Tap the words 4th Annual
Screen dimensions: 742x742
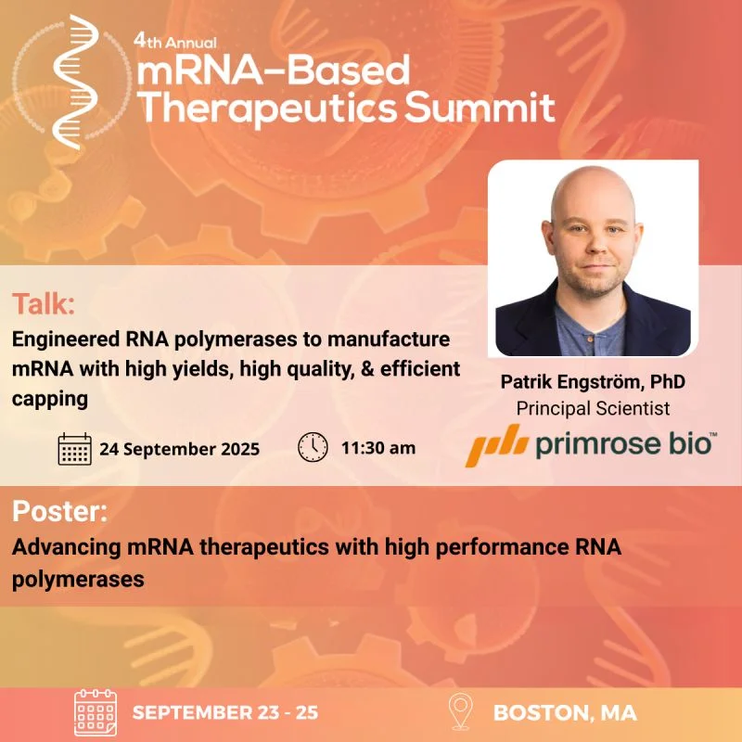[174, 42]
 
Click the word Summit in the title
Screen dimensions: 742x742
[480, 108]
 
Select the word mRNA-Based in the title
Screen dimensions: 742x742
[273, 70]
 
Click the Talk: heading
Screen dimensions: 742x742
[44, 303]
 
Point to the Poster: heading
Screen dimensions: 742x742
[59, 511]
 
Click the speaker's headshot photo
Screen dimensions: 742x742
[593, 258]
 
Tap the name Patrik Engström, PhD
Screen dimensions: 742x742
[593, 381]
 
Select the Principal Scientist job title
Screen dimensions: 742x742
[593, 408]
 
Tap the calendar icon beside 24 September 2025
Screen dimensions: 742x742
[75, 449]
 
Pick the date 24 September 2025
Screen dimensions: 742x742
[179, 449]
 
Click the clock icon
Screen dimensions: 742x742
[313, 447]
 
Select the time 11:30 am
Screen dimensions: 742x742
[378, 448]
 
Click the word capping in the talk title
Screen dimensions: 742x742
[50, 399]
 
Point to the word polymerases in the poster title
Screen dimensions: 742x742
[78, 579]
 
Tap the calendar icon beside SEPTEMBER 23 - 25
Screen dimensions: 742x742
[96, 712]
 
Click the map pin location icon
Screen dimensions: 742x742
[460, 711]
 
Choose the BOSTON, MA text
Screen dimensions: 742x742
[565, 712]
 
